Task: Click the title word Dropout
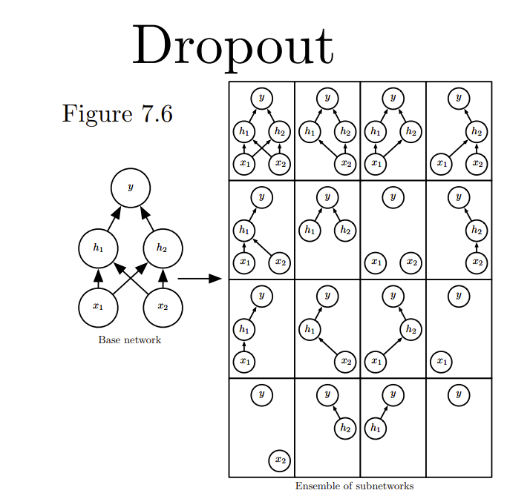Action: tap(232, 46)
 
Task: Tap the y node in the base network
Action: tap(130, 188)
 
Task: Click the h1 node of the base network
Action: tap(98, 248)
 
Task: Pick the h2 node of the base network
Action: tap(162, 248)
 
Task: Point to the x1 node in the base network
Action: tap(98, 305)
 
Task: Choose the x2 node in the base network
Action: tap(162, 305)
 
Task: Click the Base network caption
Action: tap(129, 340)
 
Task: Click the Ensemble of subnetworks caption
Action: tap(354, 486)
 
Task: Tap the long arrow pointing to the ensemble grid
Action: tap(200, 279)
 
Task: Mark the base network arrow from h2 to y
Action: tap(148, 219)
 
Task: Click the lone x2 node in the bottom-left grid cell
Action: tap(279, 460)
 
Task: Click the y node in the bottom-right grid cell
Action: tap(458, 394)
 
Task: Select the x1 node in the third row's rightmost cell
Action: tap(441, 361)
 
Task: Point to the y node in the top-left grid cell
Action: tap(261, 97)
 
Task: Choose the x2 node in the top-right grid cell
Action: tap(477, 163)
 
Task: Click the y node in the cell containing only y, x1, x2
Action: tap(393, 196)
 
